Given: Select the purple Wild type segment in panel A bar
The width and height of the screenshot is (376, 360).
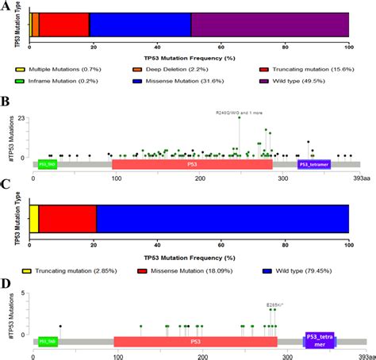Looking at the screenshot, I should (270, 25).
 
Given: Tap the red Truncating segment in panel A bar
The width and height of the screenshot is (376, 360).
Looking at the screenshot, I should (63, 25).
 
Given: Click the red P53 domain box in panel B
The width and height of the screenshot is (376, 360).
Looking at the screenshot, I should (192, 164).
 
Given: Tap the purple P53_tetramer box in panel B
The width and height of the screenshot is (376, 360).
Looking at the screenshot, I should (314, 164).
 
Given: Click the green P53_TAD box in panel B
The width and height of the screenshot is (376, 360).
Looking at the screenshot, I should (48, 164).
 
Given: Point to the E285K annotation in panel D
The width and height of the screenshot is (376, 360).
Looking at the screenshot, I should (274, 304).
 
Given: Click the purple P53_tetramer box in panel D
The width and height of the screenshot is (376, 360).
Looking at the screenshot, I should (320, 342).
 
